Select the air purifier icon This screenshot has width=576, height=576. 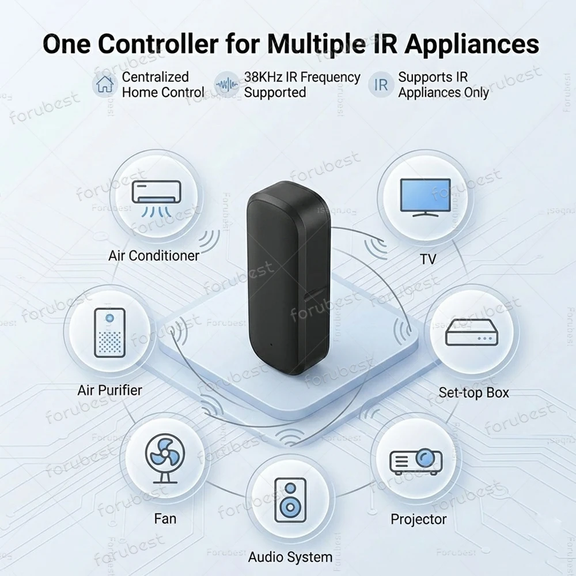[109, 333]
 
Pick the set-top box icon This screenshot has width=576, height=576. [472, 332]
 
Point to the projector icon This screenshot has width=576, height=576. [416, 461]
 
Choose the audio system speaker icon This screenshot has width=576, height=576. [290, 500]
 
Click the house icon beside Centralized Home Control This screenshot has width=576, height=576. [105, 84]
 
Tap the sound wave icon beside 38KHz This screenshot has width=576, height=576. [227, 85]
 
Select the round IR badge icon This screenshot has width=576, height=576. [381, 85]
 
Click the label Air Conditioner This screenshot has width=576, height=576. [154, 255]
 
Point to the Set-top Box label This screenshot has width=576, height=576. [473, 393]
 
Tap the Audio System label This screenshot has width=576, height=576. [290, 557]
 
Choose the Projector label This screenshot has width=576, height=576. [418, 519]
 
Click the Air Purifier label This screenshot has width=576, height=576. [109, 390]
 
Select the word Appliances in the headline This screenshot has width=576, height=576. [472, 45]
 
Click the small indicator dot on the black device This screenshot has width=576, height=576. [271, 344]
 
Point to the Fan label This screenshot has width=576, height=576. [165, 519]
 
